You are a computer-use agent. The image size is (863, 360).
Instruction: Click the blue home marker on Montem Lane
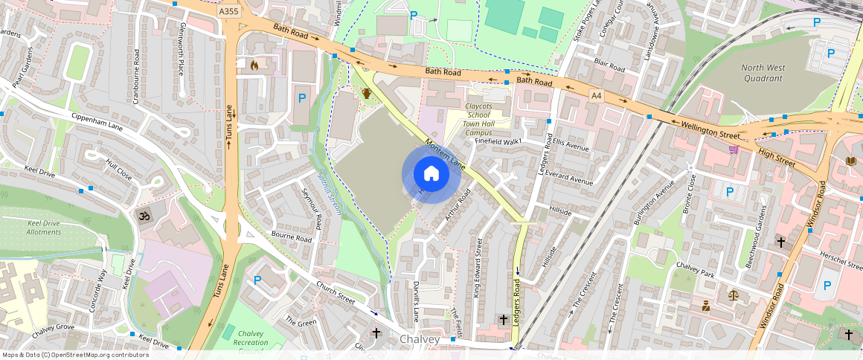pos(431,174)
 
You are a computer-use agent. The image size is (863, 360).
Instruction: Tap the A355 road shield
pos(229,12)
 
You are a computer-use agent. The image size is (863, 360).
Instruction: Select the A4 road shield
pos(596,95)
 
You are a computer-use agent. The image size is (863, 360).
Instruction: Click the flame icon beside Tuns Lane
pos(254,65)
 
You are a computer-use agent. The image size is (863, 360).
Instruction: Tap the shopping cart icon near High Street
pos(734,149)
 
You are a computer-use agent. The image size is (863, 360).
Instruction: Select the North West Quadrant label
pos(763,73)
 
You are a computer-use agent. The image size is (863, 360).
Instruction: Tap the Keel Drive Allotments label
pos(43,228)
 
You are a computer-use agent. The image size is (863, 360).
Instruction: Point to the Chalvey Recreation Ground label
pos(253,342)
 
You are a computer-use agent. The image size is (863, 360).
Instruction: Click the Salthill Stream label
pos(328,194)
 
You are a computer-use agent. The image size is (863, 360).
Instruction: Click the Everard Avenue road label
pos(568,176)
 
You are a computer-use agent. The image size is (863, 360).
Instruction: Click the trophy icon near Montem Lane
pos(366,94)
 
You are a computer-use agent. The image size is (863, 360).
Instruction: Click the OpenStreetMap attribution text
pos(74,355)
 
